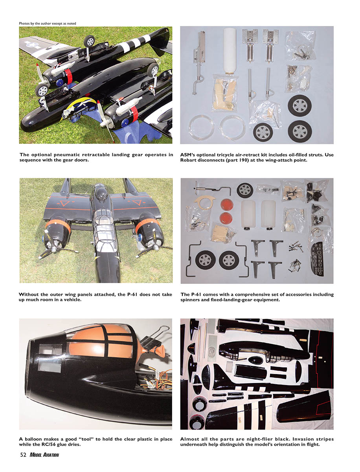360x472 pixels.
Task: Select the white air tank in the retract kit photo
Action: pyautogui.click(x=230, y=51)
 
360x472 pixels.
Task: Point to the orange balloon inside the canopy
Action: pyautogui.click(x=101, y=342)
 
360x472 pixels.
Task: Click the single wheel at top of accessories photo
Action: pyautogui.click(x=245, y=190)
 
